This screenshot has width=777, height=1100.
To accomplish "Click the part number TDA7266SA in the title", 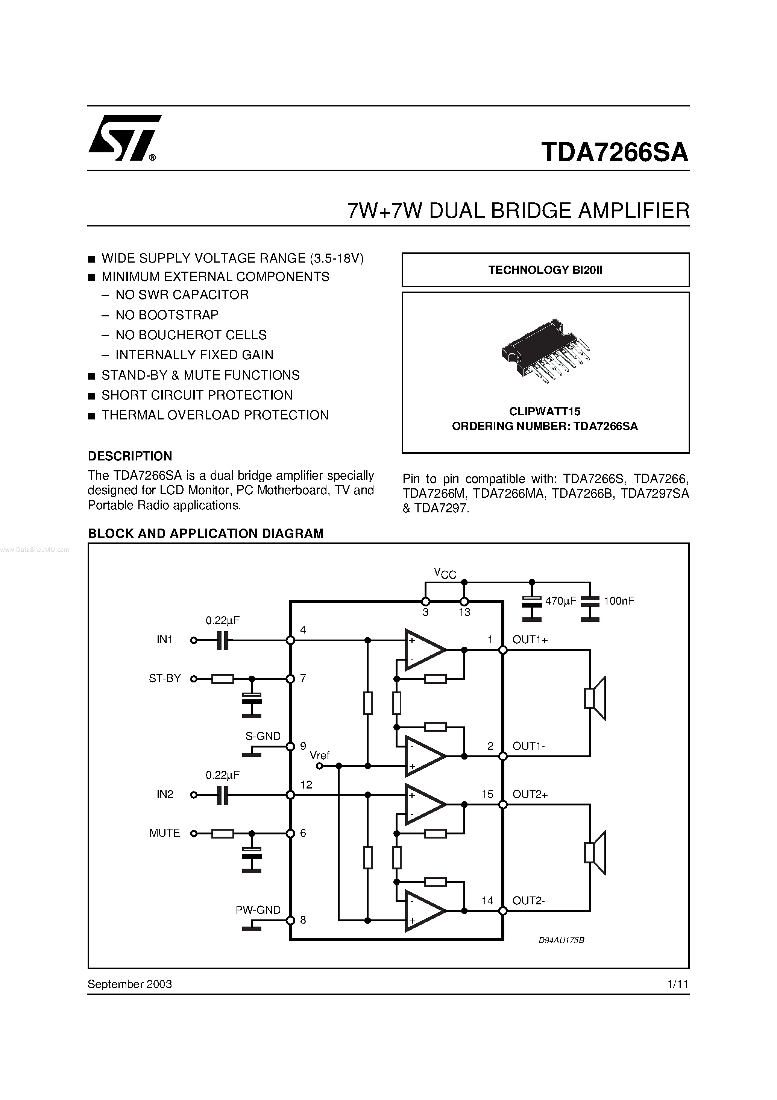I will click(615, 152).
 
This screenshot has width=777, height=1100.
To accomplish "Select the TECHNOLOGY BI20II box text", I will click(545, 270).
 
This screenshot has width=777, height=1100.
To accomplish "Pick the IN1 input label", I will click(164, 640).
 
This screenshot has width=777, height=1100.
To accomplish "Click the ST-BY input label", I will click(165, 678).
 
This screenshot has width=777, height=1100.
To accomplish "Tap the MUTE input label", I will click(164, 833).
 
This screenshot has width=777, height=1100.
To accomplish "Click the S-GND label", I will click(263, 736).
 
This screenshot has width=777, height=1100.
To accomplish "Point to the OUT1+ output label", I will click(530, 640).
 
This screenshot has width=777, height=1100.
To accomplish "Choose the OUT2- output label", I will click(528, 901).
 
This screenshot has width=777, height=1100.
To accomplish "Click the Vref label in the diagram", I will click(320, 755).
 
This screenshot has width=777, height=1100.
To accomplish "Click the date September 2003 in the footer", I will click(130, 984).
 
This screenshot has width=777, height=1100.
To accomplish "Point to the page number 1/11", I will click(677, 984).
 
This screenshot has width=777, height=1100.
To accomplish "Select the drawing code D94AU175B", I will click(562, 940).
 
